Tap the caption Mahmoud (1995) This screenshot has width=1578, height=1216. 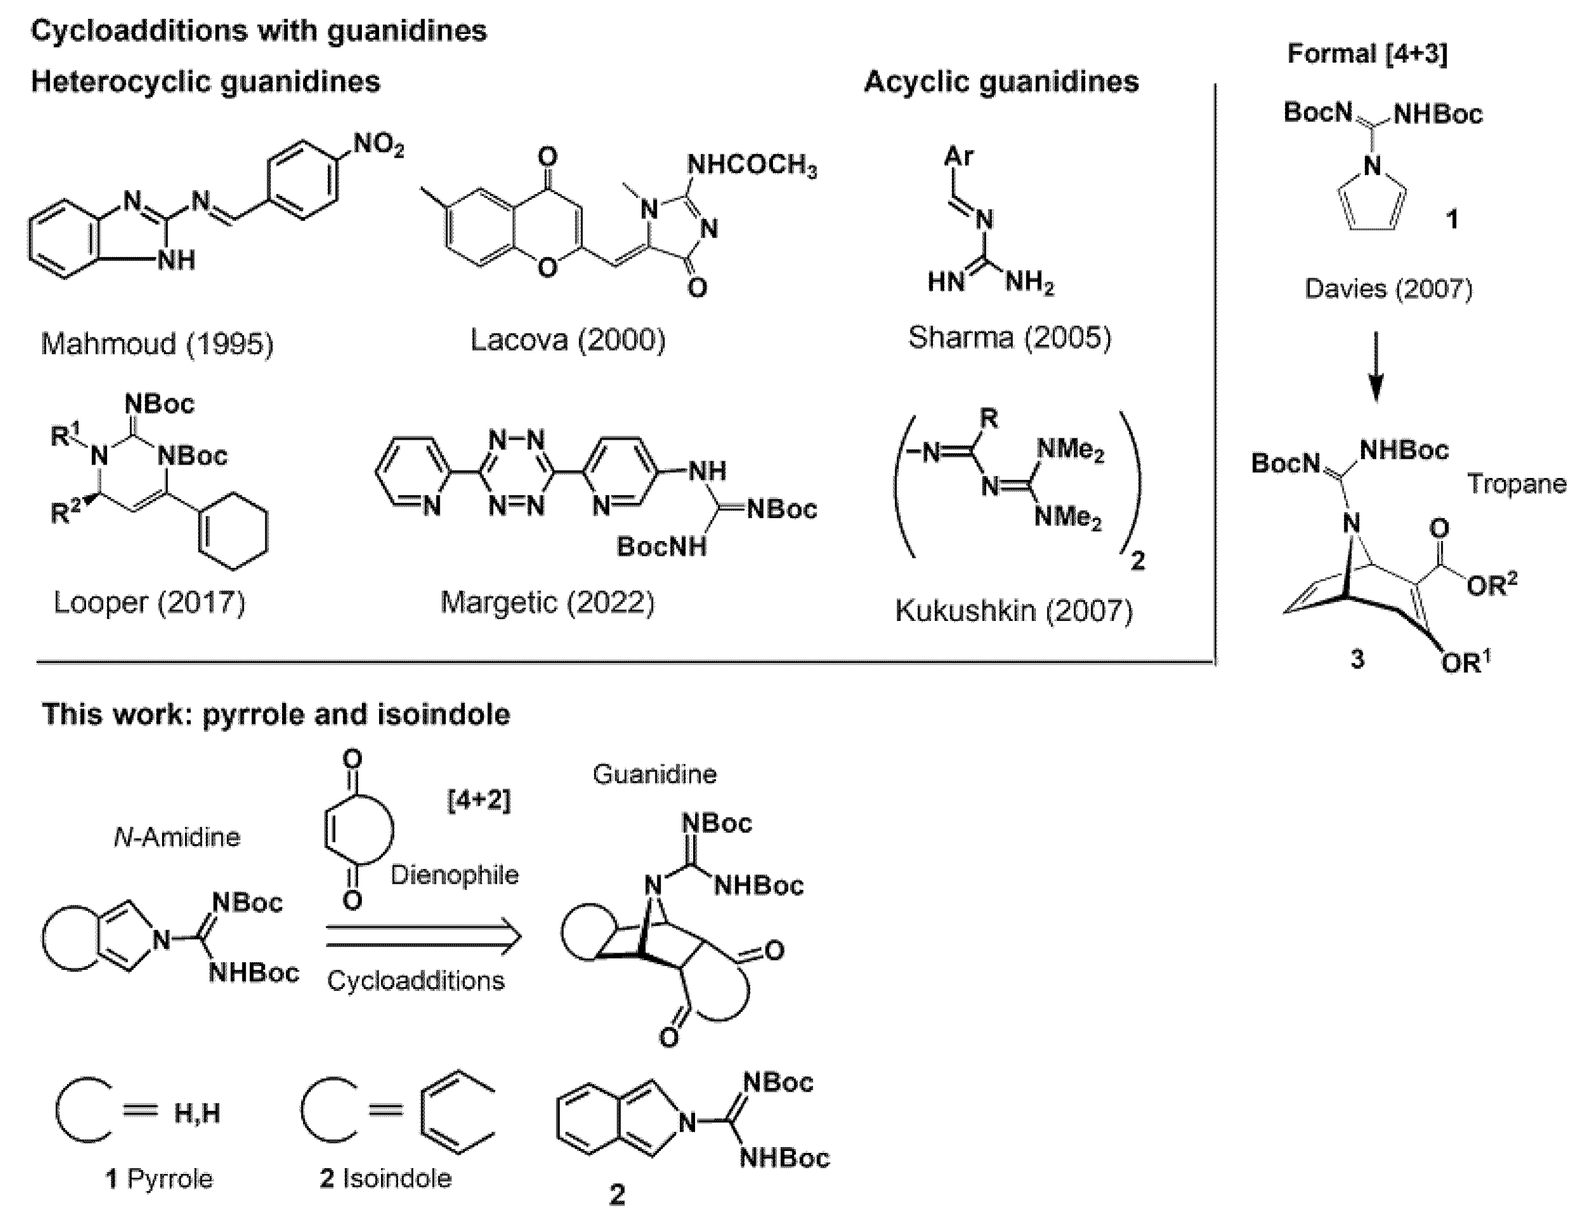pos(157,344)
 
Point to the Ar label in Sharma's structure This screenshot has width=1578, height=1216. pos(959,156)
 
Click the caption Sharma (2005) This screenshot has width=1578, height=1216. pos(1009,337)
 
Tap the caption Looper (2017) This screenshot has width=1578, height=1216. pos(150,602)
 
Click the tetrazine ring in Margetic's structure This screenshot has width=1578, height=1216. pos(516,473)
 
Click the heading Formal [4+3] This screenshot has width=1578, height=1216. pos(1367,54)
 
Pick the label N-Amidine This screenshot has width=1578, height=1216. pos(177,836)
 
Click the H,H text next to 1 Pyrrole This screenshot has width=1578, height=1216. pos(196,1113)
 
